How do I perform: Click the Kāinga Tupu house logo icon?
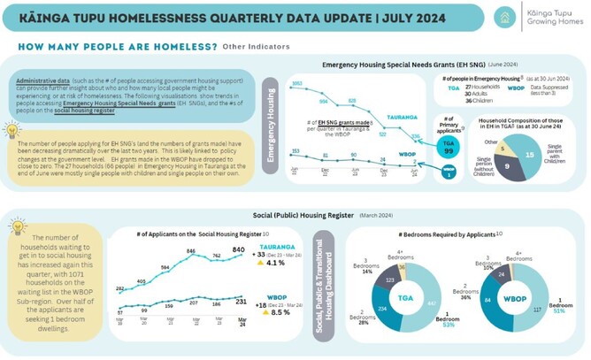(506, 17)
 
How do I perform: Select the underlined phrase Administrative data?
(43, 81)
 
